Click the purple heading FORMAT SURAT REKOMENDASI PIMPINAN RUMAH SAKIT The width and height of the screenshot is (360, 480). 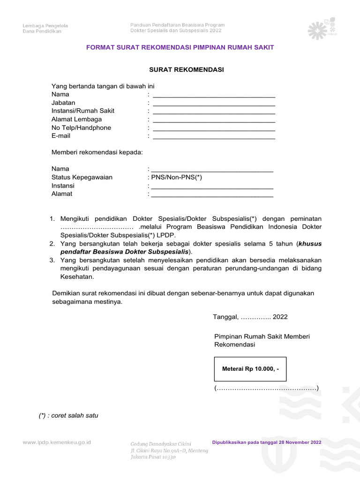(180, 47)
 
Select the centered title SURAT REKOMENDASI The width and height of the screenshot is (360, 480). (187, 70)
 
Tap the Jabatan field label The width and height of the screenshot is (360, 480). (63, 103)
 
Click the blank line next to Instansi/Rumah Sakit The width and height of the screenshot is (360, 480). (214, 112)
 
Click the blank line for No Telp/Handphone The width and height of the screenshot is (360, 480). (214, 128)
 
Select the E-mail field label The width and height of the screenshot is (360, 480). (61, 136)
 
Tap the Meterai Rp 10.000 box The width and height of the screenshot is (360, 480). (250, 369)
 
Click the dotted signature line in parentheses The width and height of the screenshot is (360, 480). (266, 389)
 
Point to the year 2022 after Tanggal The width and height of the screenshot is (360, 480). (280, 317)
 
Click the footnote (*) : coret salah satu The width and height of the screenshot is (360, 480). (68, 415)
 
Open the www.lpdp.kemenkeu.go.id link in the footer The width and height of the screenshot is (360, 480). (57, 442)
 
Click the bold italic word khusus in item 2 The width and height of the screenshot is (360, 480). (310, 244)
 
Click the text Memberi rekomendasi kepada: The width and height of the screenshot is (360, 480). (97, 152)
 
